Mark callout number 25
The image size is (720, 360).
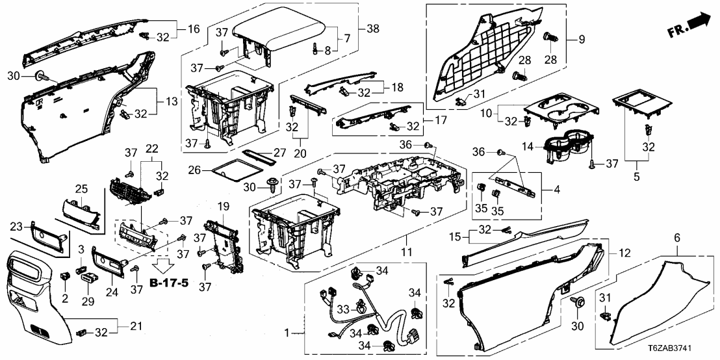(81, 189)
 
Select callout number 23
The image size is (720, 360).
(17, 225)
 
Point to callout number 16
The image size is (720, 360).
(193, 29)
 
